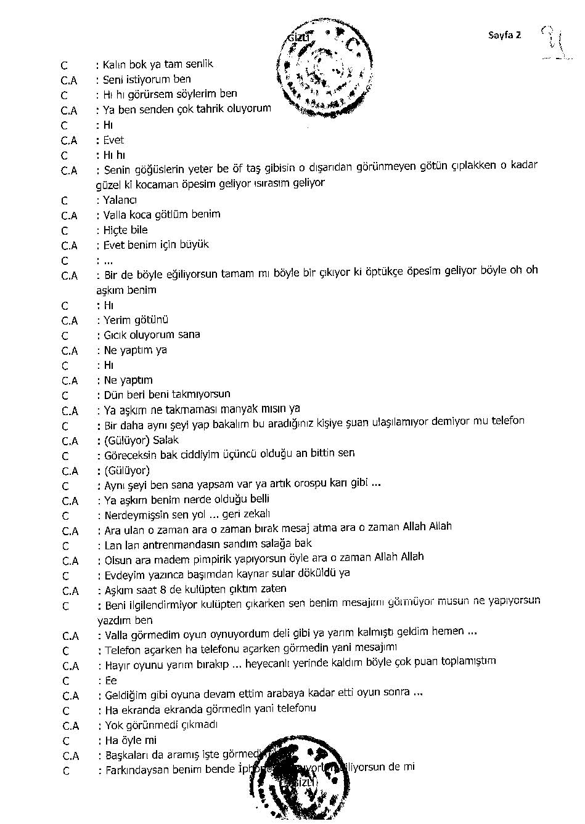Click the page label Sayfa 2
tap(504, 35)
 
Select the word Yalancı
tap(120, 200)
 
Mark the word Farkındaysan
tap(137, 770)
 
